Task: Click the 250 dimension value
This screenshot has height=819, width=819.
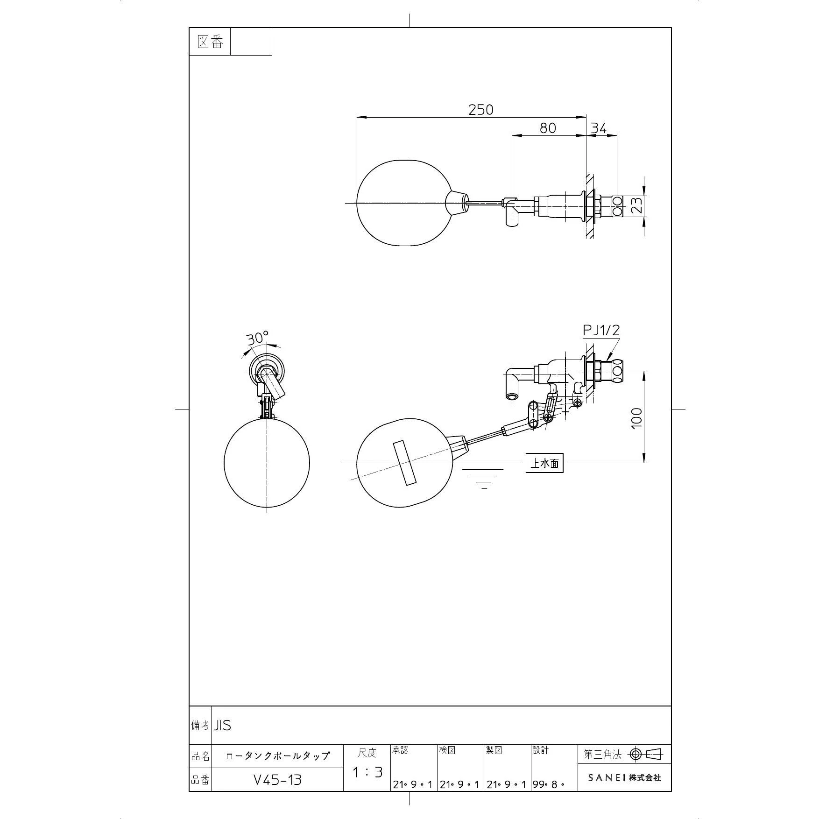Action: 480,109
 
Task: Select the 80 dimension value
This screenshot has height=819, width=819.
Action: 548,128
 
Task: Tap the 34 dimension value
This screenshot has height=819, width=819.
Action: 599,128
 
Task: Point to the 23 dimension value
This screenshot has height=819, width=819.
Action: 637,205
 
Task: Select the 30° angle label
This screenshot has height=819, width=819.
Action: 258,337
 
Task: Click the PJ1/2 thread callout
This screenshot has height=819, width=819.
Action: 601,330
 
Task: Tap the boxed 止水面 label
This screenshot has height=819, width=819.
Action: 544,463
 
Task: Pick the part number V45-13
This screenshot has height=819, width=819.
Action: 277,779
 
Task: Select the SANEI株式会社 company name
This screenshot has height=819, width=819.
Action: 624,777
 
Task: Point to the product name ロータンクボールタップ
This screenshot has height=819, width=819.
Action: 277,756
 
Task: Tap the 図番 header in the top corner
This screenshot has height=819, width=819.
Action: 210,42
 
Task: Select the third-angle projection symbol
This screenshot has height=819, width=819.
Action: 646,754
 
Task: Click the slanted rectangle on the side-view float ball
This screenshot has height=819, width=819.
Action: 404,463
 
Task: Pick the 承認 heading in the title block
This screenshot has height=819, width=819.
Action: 400,750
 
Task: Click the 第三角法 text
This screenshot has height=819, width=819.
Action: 603,754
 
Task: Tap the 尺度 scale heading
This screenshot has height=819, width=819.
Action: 367,753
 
